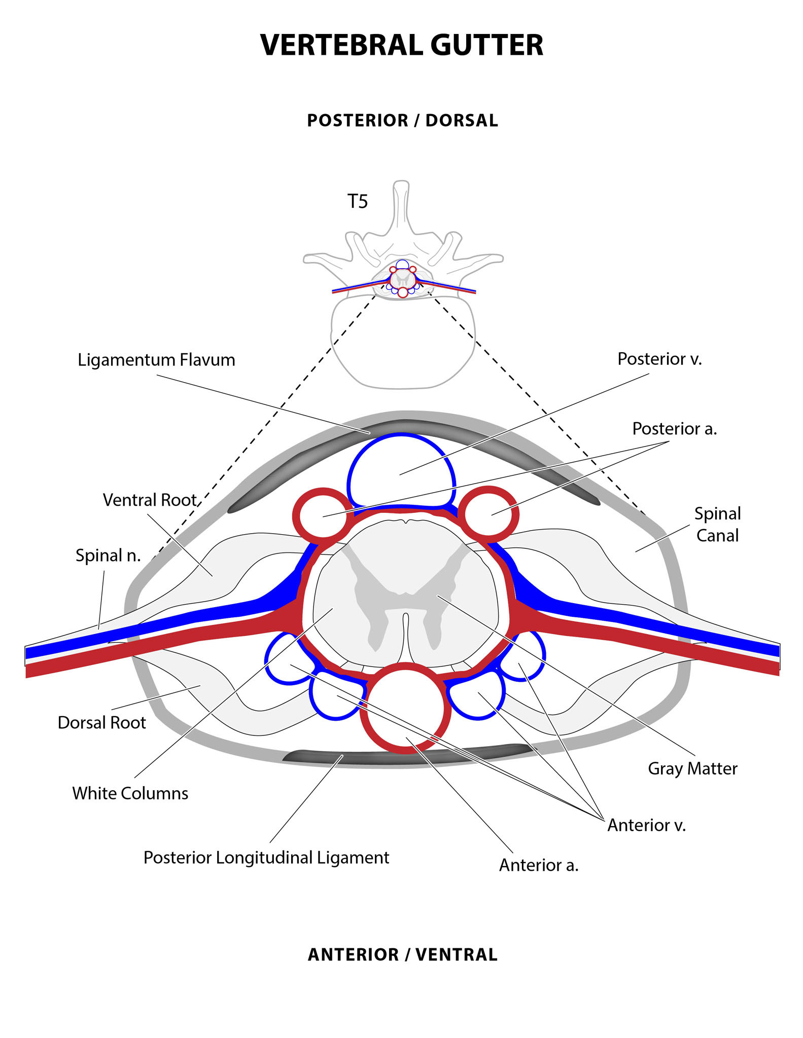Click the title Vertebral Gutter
click(x=401, y=45)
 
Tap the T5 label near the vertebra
click(x=357, y=202)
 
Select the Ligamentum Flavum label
click(x=156, y=360)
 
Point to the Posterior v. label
click(x=659, y=359)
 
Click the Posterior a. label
click(x=674, y=429)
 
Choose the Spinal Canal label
click(x=717, y=524)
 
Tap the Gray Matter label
click(x=692, y=768)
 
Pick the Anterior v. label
click(x=646, y=825)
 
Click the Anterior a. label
click(x=539, y=865)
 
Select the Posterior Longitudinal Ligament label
click(x=266, y=857)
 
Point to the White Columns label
click(x=130, y=793)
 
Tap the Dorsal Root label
click(x=102, y=722)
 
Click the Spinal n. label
click(x=108, y=555)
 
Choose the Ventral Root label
click(x=150, y=500)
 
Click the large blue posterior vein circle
click(x=401, y=469)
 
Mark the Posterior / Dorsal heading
click(x=402, y=121)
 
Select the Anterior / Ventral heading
click(x=402, y=954)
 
